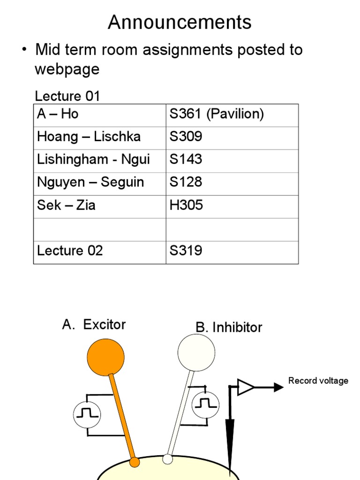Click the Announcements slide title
point(180,22)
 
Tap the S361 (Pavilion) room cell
point(216,114)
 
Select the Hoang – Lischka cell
point(89,137)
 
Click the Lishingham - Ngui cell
point(93,159)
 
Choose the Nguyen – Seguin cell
point(90,182)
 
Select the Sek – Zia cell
point(66,205)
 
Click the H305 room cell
point(186,205)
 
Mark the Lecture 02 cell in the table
point(70,250)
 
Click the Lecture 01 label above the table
point(67,96)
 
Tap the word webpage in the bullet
point(67,69)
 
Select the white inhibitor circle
point(196,352)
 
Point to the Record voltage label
point(318,381)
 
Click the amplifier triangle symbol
point(246,387)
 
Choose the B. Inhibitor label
point(229,327)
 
